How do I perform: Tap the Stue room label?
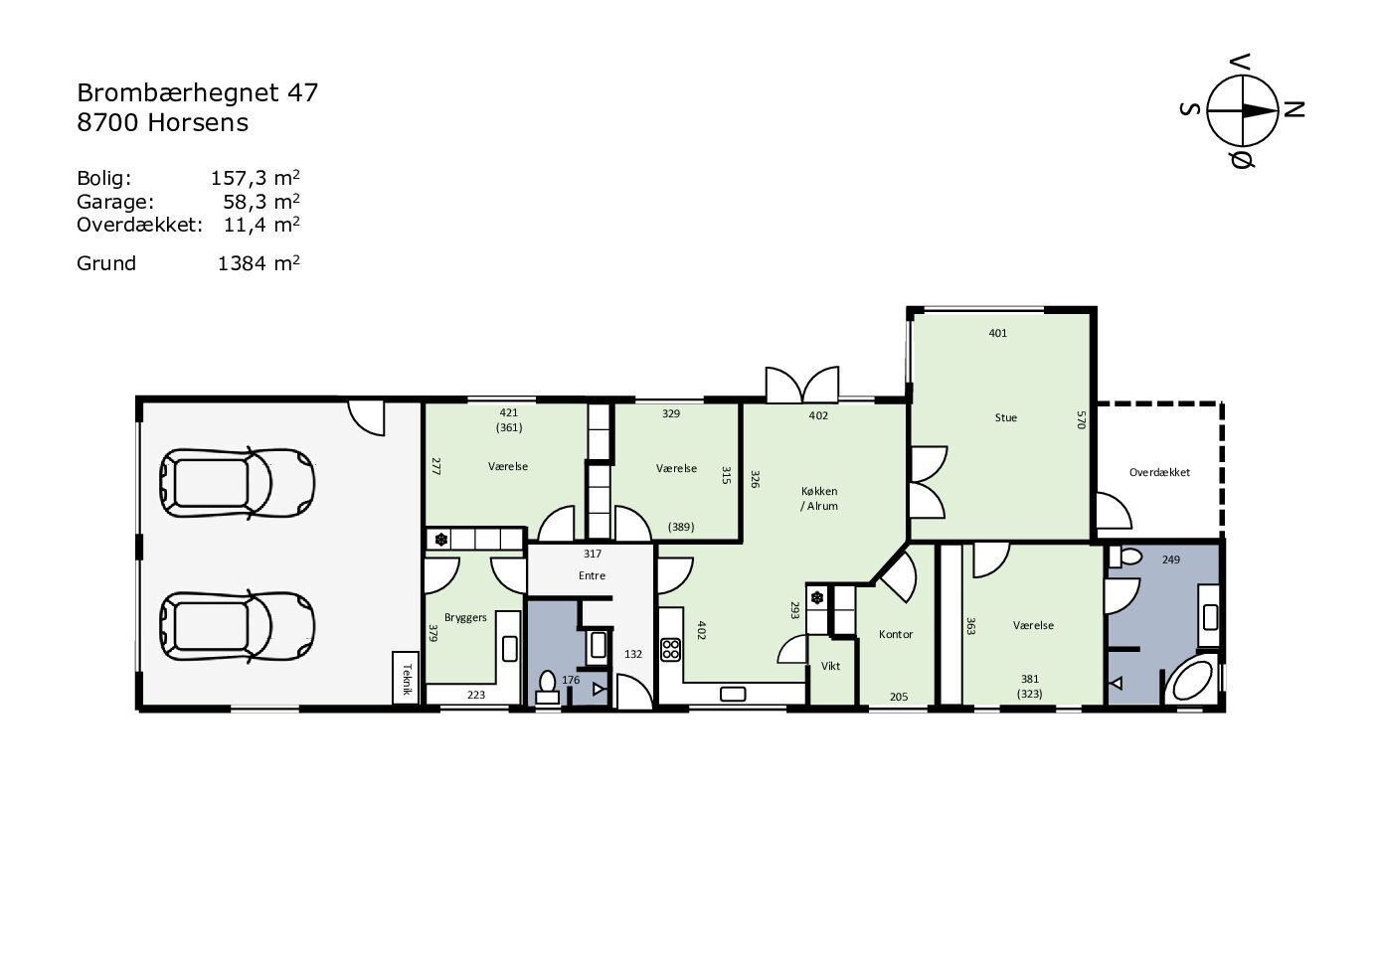[1005, 417]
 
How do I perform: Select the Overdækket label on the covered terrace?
[1159, 472]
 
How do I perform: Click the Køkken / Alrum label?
[819, 499]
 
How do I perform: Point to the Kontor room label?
[896, 634]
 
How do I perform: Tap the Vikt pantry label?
[830, 666]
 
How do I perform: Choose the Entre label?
[592, 575]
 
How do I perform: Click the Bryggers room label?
[465, 617]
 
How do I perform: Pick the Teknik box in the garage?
[406, 678]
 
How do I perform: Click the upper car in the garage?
[237, 483]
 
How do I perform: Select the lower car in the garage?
[237, 628]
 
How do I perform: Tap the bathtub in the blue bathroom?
[1192, 681]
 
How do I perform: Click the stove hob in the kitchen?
[670, 650]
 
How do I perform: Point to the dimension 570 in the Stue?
[1081, 419]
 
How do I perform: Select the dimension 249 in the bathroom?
[1171, 559]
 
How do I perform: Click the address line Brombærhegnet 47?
[197, 93]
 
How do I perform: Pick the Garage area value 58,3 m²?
[261, 202]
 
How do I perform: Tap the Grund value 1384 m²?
[259, 263]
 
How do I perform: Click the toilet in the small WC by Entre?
[547, 687]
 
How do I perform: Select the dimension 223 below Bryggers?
[476, 695]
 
